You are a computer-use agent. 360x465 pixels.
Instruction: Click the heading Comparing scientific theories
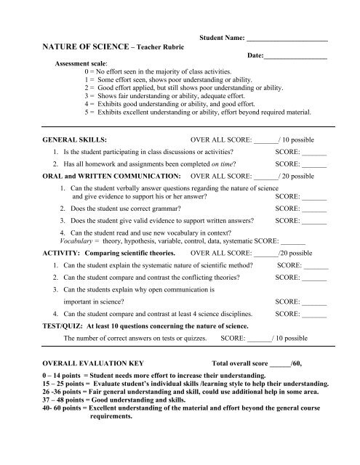(130, 254)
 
